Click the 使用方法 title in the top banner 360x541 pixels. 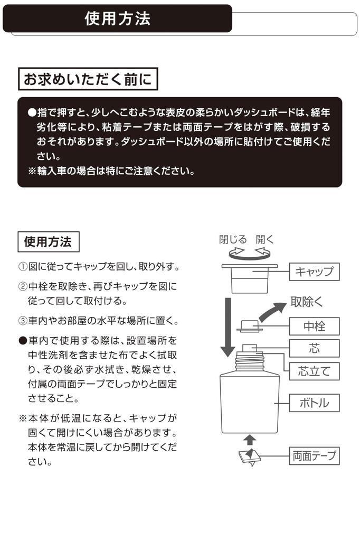[x=117, y=19]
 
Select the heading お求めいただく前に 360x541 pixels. [x=88, y=80]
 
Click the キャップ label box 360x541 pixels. [x=314, y=272]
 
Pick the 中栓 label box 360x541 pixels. [x=314, y=326]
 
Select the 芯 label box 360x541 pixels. [x=314, y=348]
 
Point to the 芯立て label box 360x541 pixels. [x=314, y=371]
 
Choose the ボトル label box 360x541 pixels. [x=314, y=403]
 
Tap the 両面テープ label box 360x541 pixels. [x=314, y=455]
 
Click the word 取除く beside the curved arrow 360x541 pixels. [x=307, y=302]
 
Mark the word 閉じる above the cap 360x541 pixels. [x=233, y=239]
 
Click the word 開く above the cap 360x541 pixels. [x=265, y=239]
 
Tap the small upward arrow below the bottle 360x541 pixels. [x=250, y=440]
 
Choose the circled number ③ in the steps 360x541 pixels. [x=23, y=321]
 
